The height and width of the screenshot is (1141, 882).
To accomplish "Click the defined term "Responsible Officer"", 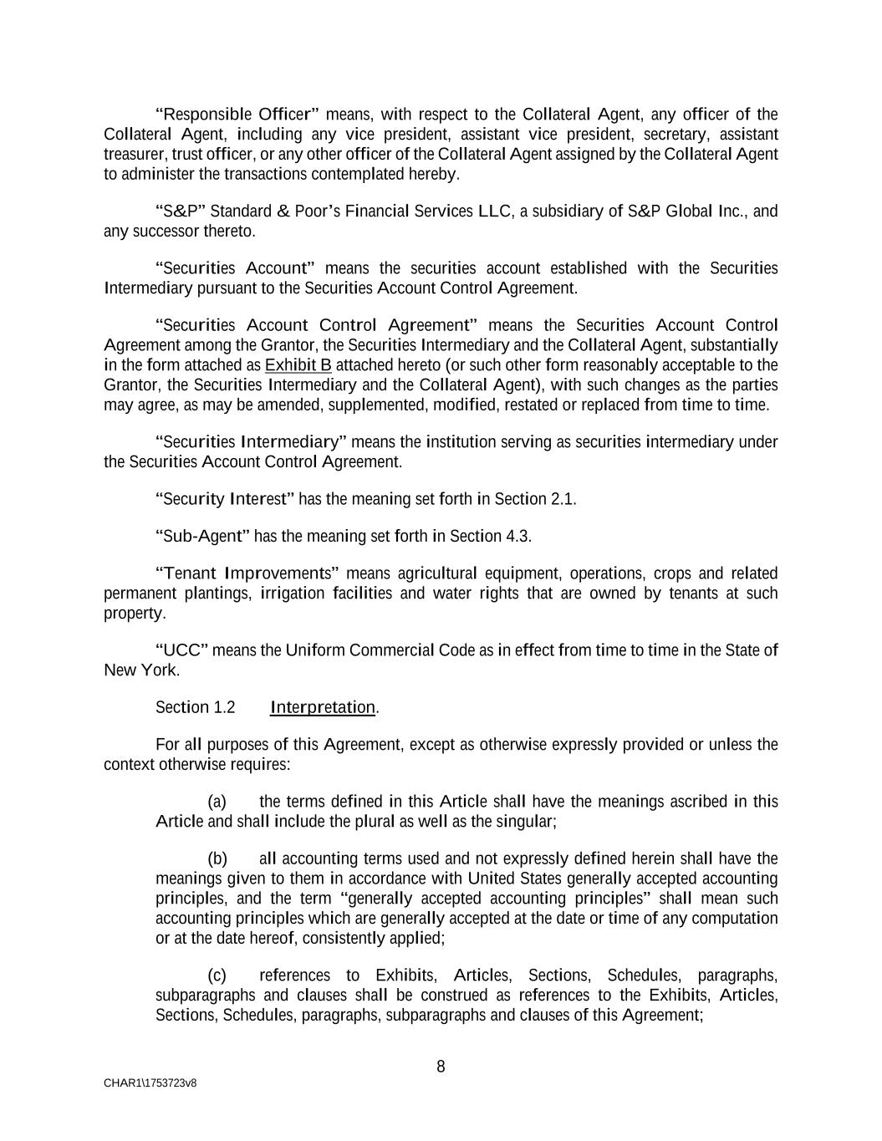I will (237, 115).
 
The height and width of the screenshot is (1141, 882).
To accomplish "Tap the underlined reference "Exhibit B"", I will (298, 365).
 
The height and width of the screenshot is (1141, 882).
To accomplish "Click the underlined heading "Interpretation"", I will (323, 708).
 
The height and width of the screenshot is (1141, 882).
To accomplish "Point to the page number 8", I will (441, 1067).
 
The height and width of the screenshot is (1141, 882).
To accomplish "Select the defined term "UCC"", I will (181, 650).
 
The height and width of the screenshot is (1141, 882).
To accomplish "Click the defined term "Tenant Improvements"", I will (247, 573).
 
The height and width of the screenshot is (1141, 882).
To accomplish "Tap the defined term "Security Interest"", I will (225, 499).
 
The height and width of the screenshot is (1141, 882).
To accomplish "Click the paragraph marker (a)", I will (217, 802).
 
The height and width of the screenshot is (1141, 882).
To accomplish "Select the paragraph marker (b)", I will (217, 859).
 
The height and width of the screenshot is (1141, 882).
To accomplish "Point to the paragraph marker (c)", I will (217, 975).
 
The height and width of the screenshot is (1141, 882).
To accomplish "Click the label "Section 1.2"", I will (195, 708).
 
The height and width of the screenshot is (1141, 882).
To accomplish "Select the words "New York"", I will (140, 670).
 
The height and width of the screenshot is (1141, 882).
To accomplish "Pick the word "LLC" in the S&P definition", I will (494, 211).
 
